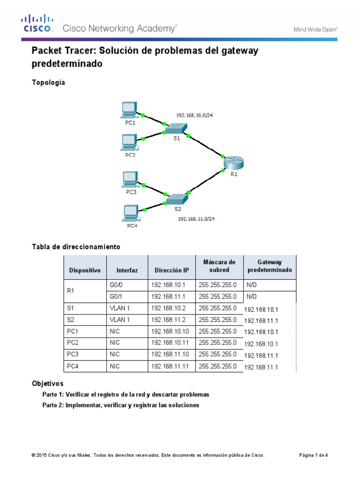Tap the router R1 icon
pyautogui.click(x=233, y=163)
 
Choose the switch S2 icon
pyautogui.click(x=177, y=198)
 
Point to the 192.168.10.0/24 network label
pyautogui.click(x=198, y=115)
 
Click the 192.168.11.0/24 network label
pyautogui.click(x=199, y=218)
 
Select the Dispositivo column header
pyautogui.click(x=85, y=270)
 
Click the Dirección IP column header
pyautogui.click(x=172, y=270)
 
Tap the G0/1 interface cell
pyautogui.click(x=116, y=297)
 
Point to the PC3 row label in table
pyautogui.click(x=73, y=355)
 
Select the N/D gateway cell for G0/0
pyautogui.click(x=252, y=285)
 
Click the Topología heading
pyautogui.click(x=48, y=82)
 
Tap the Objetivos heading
pyautogui.click(x=47, y=383)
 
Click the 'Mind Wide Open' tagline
pyautogui.click(x=315, y=29)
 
